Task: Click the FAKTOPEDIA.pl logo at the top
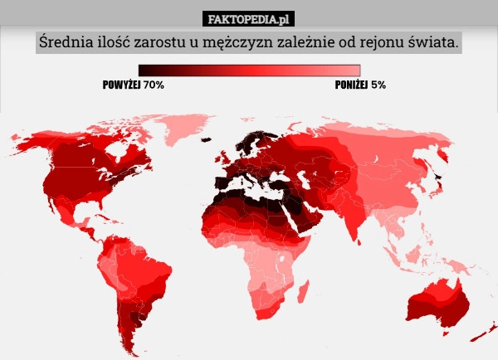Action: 249,18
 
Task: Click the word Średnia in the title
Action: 63,42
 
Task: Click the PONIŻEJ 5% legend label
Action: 360,85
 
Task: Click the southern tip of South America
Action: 133,348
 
